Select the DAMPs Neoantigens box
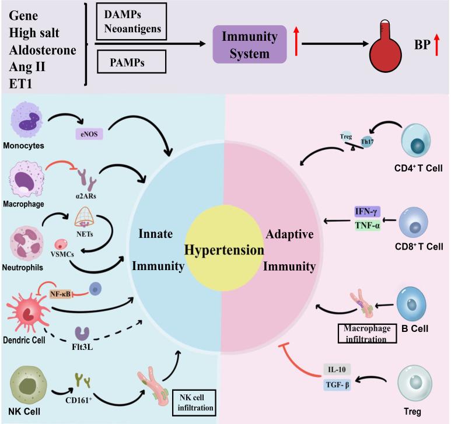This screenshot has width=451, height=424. click(x=127, y=22)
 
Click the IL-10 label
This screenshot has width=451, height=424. click(x=338, y=369)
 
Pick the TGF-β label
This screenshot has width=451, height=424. click(x=338, y=384)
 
